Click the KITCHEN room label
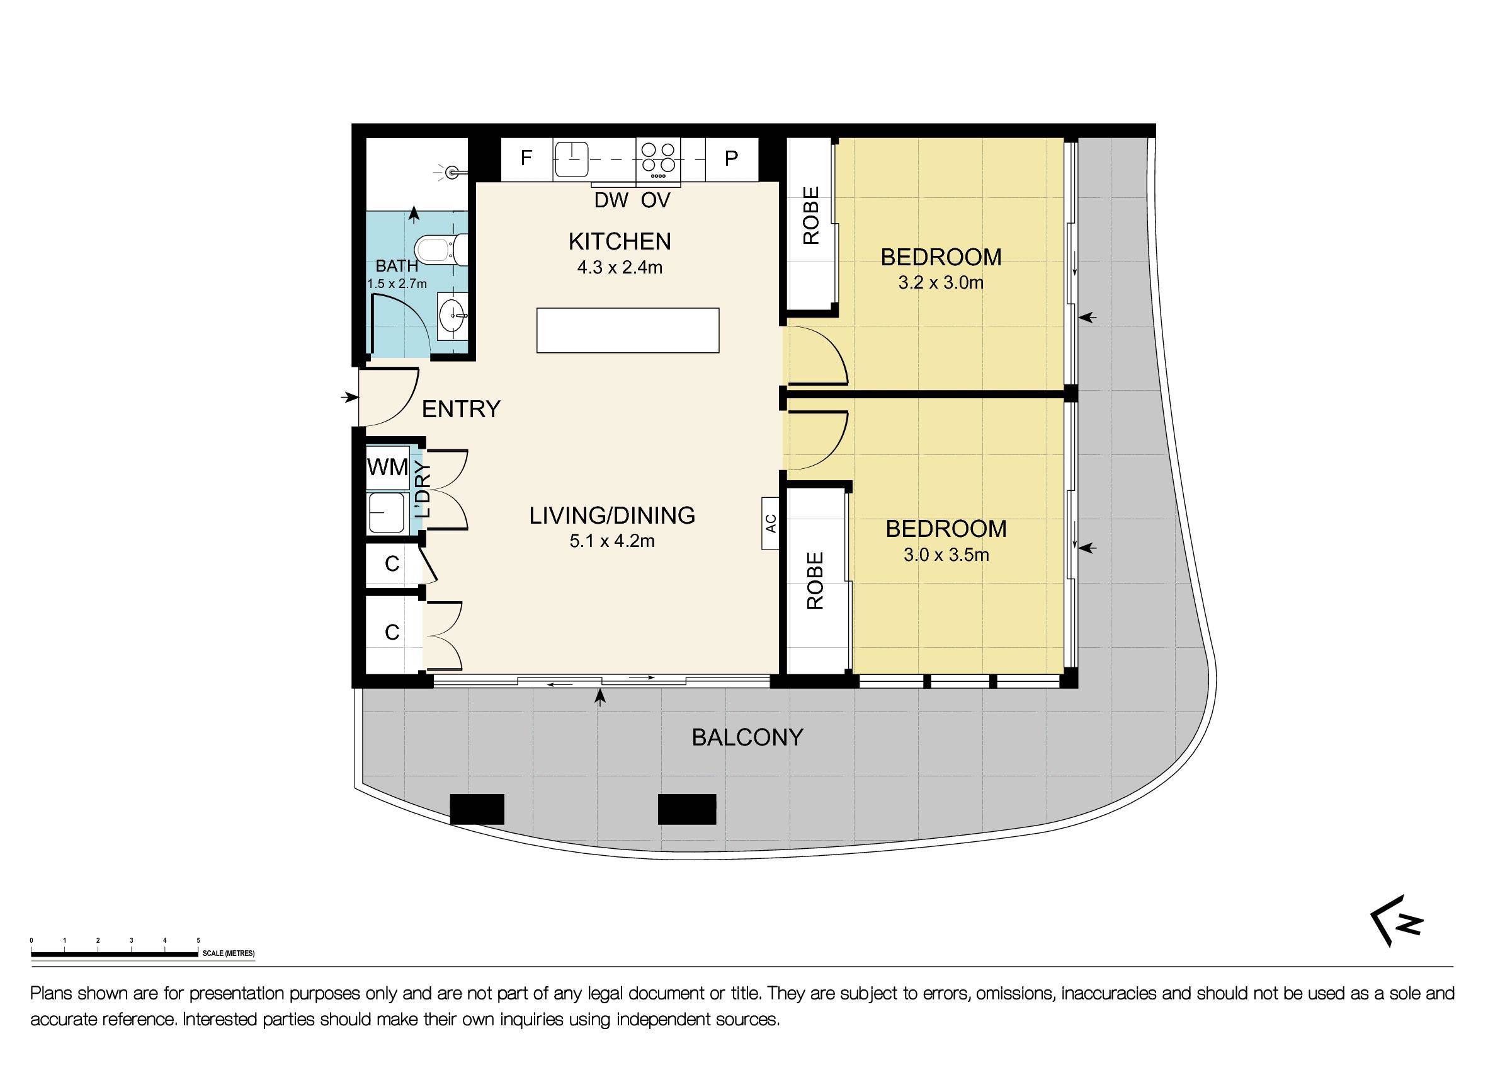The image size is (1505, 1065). pos(620,242)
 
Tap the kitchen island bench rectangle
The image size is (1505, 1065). pos(627,330)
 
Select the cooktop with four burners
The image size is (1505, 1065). pos(658,159)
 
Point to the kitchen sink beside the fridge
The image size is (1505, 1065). pos(571,159)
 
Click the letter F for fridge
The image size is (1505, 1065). pos(526,158)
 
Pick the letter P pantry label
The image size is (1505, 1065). pos(731,158)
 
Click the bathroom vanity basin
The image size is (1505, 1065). pos(452,317)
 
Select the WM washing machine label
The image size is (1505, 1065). pos(387,468)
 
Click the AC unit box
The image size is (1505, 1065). pos(770,523)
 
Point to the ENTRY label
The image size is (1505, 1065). pos(461,409)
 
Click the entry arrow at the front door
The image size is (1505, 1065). pos(349,398)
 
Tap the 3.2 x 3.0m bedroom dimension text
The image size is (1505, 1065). pos(940,284)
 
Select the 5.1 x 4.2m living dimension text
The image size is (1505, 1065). pos(611,541)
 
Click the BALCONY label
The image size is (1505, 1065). pos(747,738)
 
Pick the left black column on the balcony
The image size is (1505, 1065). pos(477,809)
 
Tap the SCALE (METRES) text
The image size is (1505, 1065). pos(228,953)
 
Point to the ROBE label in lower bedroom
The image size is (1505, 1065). pos(815,580)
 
